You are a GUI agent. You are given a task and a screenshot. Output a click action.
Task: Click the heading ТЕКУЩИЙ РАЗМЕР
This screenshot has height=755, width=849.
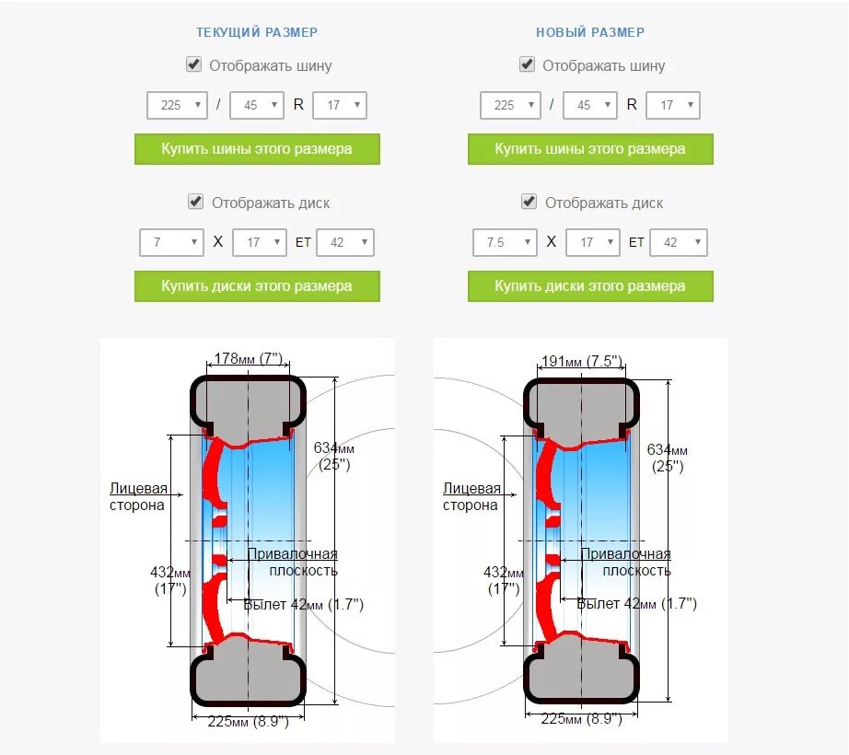pos(257,32)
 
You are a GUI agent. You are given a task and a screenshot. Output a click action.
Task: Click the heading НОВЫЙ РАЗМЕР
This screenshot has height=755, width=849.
pos(590,32)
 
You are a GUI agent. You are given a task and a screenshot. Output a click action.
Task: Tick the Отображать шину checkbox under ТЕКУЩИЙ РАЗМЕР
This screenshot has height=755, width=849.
pos(194,64)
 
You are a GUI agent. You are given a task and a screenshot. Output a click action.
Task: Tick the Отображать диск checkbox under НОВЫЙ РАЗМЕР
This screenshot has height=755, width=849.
pos(529,202)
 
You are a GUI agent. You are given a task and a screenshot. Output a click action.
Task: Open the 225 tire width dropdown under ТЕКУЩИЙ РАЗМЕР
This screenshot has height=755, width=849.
pos(176,105)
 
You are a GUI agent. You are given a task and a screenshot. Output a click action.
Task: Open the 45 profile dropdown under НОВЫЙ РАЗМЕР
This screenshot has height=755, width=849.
pos(589,105)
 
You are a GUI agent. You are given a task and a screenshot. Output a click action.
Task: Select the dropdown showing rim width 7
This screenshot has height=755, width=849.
pos(171,242)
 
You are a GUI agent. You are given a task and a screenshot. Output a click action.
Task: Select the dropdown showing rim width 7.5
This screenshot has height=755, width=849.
pos(505,242)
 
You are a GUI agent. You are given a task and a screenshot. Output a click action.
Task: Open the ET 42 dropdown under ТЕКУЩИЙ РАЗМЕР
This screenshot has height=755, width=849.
pos(345,242)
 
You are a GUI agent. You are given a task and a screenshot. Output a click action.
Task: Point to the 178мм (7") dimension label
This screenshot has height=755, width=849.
pos(246,358)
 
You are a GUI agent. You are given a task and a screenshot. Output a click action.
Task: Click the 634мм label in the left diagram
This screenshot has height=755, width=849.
pos(333,448)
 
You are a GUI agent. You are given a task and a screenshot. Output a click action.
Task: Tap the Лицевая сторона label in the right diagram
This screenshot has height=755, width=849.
pos(471,496)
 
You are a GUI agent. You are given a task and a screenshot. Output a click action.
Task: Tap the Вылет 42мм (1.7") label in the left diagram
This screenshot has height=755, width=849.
pos(303,604)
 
